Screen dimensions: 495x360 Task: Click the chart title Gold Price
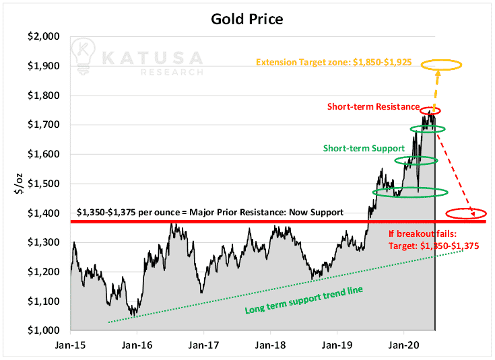pyautogui.click(x=247, y=19)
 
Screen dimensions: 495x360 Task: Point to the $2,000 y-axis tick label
pyautogui.click(x=44, y=36)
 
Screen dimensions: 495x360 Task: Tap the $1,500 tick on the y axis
pyautogui.click(x=44, y=184)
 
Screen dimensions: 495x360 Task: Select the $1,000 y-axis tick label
pyautogui.click(x=44, y=330)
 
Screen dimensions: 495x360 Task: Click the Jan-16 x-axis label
pyautogui.click(x=137, y=345)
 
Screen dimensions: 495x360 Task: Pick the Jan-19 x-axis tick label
pyautogui.click(x=337, y=345)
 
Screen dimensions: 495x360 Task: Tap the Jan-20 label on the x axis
pyautogui.click(x=404, y=345)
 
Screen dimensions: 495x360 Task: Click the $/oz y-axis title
pyautogui.click(x=20, y=184)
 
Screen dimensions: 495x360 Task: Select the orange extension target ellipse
pyautogui.click(x=441, y=61)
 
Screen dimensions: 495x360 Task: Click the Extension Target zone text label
pyautogui.click(x=333, y=62)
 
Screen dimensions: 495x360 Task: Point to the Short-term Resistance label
pyautogui.click(x=374, y=106)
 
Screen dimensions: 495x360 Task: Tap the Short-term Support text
pyautogui.click(x=364, y=148)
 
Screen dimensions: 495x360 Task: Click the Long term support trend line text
pyautogui.click(x=304, y=300)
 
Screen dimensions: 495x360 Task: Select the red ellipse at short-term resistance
pyautogui.click(x=430, y=107)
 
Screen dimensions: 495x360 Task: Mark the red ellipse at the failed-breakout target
pyautogui.click(x=466, y=209)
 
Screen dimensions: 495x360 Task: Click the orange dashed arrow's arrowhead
pyautogui.click(x=438, y=73)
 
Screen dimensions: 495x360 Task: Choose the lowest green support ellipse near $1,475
pyautogui.click(x=410, y=188)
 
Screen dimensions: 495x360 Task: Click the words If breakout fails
pyautogui.click(x=422, y=233)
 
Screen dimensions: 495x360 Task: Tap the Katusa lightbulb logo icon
pyautogui.click(x=83, y=56)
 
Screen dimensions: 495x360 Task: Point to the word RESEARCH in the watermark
pyautogui.click(x=172, y=72)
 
